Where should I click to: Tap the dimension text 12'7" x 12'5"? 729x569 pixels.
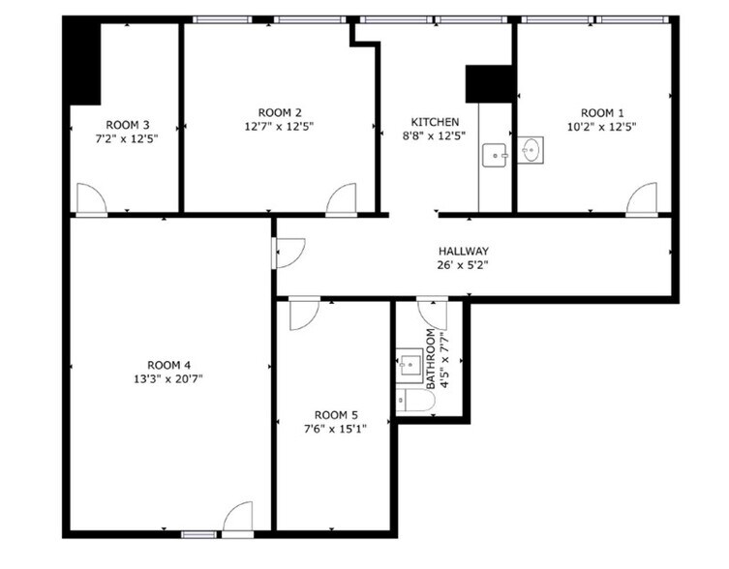[279, 126]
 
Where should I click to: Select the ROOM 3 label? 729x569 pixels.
[127, 125]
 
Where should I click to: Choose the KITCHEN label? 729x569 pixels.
[435, 122]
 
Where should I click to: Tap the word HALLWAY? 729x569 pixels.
[461, 250]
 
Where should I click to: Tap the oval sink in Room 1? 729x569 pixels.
[531, 150]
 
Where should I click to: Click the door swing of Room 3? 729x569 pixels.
[91, 198]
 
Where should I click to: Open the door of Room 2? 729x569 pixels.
[341, 198]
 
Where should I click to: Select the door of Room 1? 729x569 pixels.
[641, 198]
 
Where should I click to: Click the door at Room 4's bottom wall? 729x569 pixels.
[237, 517]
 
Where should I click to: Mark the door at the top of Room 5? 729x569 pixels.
[302, 314]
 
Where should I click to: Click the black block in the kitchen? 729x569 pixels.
[488, 84]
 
